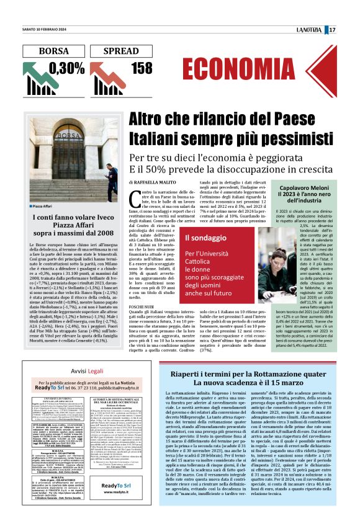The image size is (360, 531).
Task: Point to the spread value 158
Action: click(142, 68)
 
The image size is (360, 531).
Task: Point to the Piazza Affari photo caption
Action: click(44, 206)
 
